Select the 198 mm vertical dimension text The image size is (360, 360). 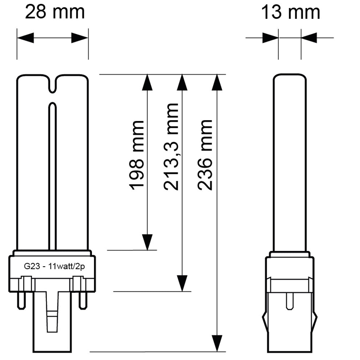pos(137,155)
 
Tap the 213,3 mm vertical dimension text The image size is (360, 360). pos(171,147)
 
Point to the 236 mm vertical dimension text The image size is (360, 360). pos(205,155)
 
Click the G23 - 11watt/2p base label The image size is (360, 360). pos(54,267)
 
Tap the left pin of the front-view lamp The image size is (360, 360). pos(21,300)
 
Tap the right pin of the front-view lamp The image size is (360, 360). pos(83,300)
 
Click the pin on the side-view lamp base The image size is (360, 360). pos(290,301)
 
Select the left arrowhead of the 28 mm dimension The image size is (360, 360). pos(25,38)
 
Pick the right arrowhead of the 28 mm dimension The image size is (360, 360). pos(80,38)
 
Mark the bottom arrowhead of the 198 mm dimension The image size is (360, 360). pos(147,242)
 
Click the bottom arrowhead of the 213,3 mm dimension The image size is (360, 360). pos(182,283)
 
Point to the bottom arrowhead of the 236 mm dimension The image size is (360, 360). pos(217,343)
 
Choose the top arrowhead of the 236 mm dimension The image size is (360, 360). pos(217,82)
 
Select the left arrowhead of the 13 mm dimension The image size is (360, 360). pos(270,38)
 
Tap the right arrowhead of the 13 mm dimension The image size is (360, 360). pos(309,38)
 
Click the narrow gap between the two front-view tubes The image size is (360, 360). pos(52,176)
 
